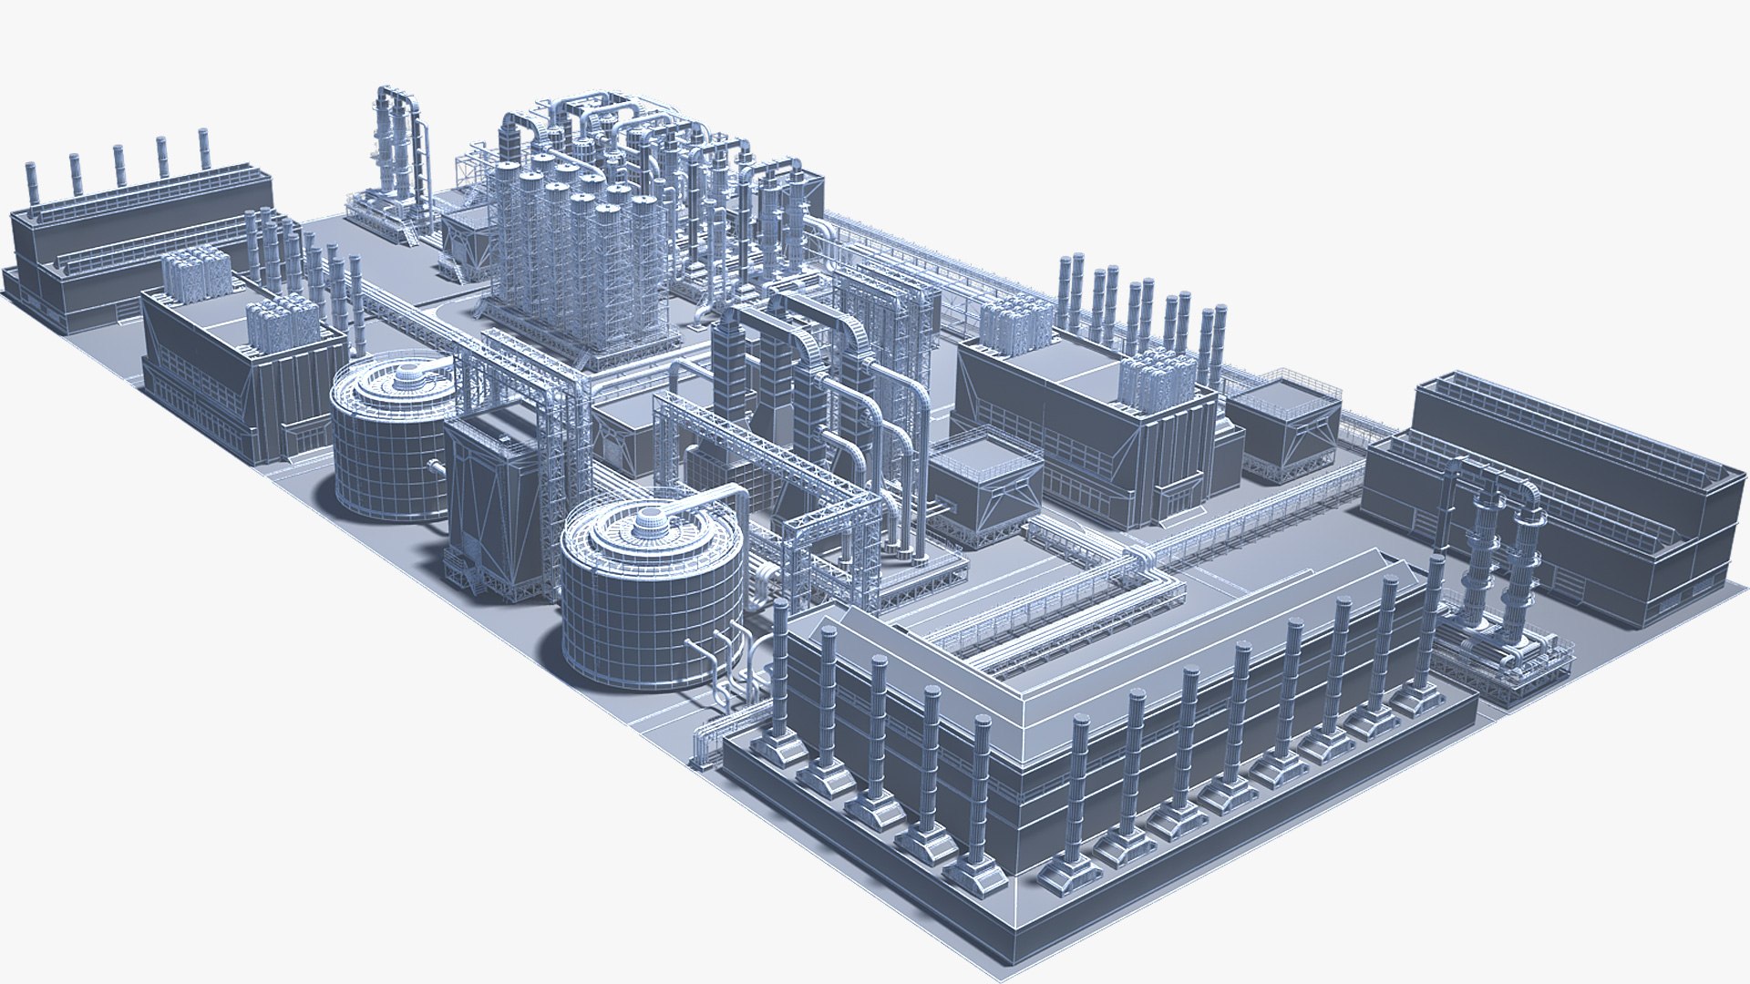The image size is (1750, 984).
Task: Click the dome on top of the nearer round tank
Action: pyautogui.click(x=650, y=521)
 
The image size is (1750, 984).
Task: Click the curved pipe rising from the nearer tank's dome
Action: pyautogui.click(x=720, y=497)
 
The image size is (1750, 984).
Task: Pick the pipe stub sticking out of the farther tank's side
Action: pyautogui.click(x=436, y=467)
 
